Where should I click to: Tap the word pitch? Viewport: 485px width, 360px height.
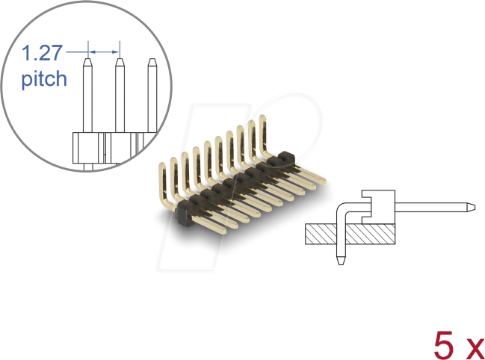[43, 78]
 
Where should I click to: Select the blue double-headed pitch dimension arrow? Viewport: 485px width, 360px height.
[104, 52]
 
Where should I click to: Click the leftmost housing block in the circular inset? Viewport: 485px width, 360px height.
[87, 146]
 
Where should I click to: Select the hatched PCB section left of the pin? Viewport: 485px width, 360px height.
[320, 235]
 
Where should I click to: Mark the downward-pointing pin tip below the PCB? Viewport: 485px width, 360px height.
[340, 262]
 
